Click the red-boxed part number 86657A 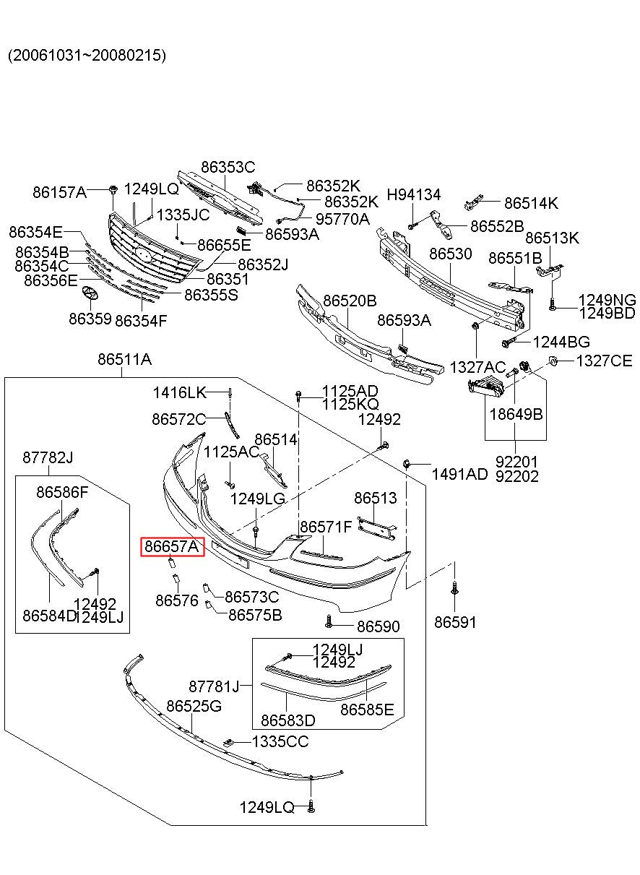coord(172,546)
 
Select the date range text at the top coord(87,55)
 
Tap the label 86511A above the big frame coord(124,359)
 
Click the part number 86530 coord(451,254)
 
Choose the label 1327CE coord(604,361)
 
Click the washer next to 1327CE coord(553,361)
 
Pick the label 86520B coord(350,301)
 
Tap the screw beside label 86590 coord(329,622)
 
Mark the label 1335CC coord(280,741)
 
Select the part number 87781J coord(214,686)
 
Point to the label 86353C coord(228,167)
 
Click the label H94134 coord(414,194)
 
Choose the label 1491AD coord(459,474)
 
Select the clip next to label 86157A coord(113,190)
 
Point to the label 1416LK coord(179,392)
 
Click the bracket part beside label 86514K coord(474,203)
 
